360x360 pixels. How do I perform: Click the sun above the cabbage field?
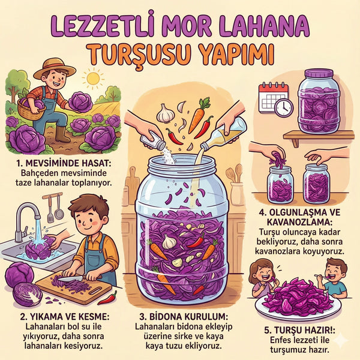[93, 78]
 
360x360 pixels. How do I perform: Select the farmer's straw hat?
[55, 68]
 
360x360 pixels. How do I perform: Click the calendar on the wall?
[273, 98]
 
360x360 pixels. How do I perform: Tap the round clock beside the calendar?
[284, 108]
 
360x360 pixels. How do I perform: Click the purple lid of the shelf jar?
[319, 73]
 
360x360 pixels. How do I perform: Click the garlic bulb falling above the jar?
[165, 113]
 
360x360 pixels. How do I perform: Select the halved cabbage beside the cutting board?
[28, 295]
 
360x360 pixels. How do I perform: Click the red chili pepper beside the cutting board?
[107, 299]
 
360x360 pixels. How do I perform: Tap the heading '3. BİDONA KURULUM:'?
[184, 317]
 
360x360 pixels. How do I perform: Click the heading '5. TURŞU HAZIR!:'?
[299, 330]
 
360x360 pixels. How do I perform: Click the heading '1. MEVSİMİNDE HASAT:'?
[64, 163]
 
